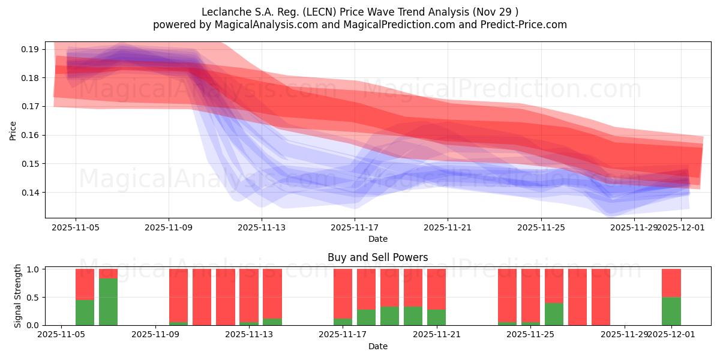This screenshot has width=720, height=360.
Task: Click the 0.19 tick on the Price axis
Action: (x=30, y=49)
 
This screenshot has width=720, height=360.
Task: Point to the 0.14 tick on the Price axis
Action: (x=30, y=193)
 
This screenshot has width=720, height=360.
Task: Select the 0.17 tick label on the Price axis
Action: (x=30, y=107)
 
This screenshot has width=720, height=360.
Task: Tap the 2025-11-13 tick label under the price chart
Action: (x=262, y=227)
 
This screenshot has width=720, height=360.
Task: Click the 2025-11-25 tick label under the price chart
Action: (x=541, y=227)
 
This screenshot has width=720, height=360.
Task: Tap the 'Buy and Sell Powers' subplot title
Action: (x=377, y=257)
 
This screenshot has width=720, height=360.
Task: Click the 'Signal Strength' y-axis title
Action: (x=18, y=296)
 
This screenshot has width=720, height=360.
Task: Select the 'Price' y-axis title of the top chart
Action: (x=13, y=130)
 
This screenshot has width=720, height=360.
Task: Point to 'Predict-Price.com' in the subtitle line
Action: (x=525, y=25)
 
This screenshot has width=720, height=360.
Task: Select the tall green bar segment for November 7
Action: (x=109, y=302)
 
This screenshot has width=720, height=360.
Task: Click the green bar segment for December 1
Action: (x=671, y=311)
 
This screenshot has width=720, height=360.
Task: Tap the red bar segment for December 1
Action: (x=671, y=283)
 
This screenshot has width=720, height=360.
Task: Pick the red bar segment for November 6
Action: (x=85, y=284)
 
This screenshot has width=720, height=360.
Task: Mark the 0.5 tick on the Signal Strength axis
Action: (x=32, y=297)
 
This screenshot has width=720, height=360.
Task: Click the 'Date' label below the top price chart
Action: (x=377, y=239)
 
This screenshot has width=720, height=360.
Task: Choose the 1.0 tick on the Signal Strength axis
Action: (x=32, y=269)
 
